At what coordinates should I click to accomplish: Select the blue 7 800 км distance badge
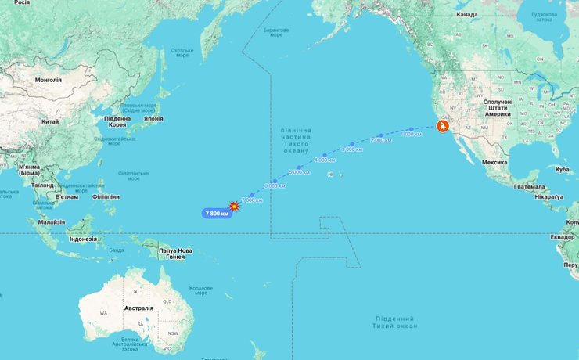[217, 213]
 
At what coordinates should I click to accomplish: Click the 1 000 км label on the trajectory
[411, 135]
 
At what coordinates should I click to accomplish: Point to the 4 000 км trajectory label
[325, 160]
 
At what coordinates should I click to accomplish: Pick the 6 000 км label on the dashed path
[275, 185]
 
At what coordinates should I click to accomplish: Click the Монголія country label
[49, 80]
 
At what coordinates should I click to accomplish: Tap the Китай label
[50, 121]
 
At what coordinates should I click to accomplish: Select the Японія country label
[153, 118]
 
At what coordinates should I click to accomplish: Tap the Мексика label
[494, 161]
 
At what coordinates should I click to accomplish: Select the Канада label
[467, 14]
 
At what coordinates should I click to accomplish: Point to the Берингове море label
[275, 33]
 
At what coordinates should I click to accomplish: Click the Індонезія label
[88, 239]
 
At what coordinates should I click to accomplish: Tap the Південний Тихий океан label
[394, 322]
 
